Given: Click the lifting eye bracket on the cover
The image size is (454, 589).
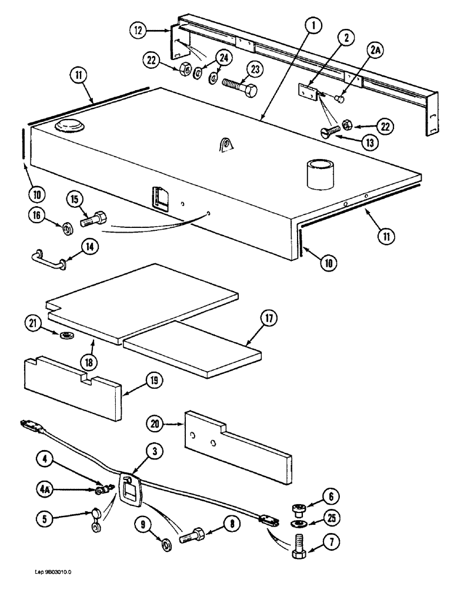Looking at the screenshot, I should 225,143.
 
